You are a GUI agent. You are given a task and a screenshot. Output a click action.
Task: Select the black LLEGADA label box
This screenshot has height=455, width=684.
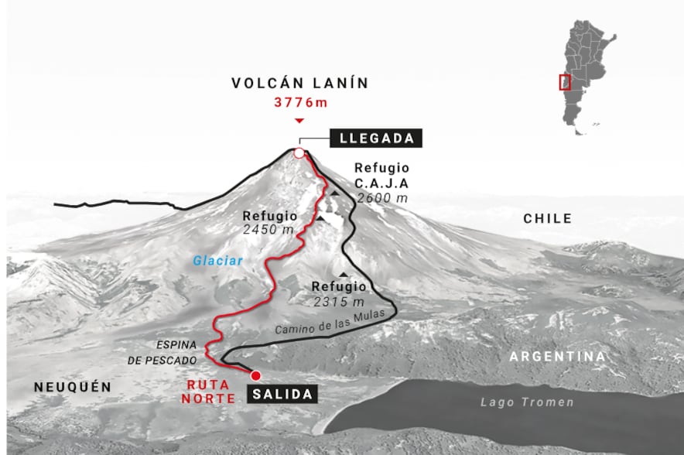click(x=377, y=139)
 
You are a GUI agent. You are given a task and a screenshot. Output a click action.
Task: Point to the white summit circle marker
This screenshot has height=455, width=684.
click(x=299, y=152)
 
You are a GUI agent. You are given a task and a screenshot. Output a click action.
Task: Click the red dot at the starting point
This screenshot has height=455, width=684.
click(x=255, y=375)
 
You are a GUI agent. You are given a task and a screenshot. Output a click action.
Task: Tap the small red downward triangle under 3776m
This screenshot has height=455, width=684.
click(x=299, y=121)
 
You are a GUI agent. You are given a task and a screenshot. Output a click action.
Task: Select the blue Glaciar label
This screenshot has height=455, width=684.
click(x=218, y=261)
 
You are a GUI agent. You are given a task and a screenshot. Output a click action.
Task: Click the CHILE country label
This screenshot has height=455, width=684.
click(x=547, y=219)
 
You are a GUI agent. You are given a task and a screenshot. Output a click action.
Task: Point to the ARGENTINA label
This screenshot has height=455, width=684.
click(x=556, y=357)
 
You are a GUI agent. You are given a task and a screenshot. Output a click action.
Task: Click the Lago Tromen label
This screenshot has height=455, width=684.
click(x=527, y=402)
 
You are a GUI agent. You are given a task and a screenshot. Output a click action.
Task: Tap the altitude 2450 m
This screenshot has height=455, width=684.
click(x=268, y=231)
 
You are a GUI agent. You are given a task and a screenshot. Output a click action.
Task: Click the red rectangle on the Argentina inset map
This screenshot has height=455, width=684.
click(x=565, y=82)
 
